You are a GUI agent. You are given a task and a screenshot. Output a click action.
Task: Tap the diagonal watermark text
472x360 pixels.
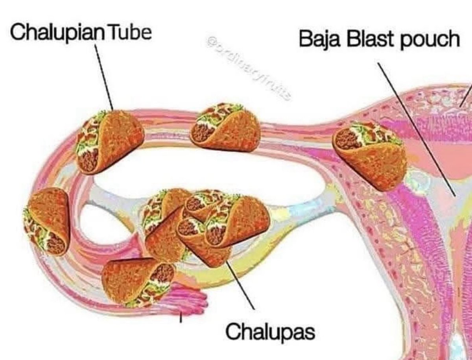(x=248, y=67)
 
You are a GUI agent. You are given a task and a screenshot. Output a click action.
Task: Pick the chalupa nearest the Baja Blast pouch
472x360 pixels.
(x=370, y=153)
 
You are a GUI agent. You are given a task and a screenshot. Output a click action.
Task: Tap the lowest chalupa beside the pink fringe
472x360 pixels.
(x=138, y=281)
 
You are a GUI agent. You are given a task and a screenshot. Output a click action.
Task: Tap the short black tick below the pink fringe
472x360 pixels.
(x=181, y=317)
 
